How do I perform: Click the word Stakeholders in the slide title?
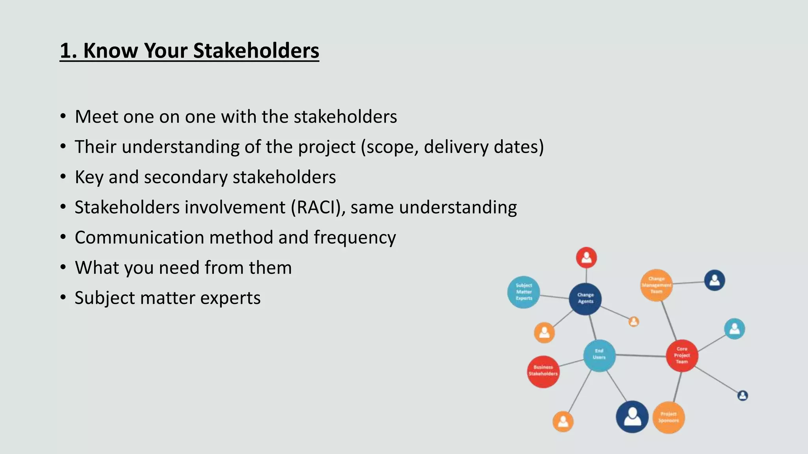(256, 51)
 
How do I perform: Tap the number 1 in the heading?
(65, 51)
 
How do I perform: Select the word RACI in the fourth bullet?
(316, 207)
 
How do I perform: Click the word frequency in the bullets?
(355, 238)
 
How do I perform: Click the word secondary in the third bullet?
(185, 177)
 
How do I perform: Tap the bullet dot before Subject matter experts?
(63, 297)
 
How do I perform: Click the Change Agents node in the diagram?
(585, 299)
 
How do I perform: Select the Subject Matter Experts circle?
(524, 292)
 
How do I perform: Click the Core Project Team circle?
(682, 355)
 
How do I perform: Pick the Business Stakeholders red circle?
(543, 371)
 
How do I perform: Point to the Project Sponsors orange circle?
(668, 417)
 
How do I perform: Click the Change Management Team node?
(656, 285)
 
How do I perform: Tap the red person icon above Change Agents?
(586, 258)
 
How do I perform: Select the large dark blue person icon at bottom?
(632, 417)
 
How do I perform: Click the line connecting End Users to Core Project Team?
(640, 355)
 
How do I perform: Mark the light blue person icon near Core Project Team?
(734, 329)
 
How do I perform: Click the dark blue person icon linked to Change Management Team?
(714, 280)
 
